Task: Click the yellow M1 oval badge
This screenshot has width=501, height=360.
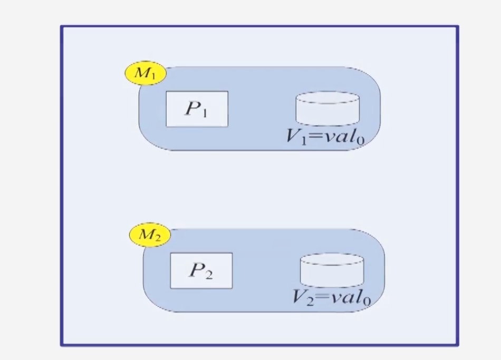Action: [145, 74]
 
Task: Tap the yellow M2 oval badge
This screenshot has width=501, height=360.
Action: [150, 235]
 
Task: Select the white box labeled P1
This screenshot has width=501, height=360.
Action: [197, 109]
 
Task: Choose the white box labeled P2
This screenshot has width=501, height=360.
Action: [201, 271]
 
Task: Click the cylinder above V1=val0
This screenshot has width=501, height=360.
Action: [327, 110]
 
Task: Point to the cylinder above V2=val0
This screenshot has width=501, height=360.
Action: [332, 271]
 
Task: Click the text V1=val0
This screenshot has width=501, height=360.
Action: [325, 137]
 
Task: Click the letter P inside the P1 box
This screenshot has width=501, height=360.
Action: [191, 108]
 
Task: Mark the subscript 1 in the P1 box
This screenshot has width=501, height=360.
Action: [205, 112]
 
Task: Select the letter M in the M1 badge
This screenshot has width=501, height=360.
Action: [142, 73]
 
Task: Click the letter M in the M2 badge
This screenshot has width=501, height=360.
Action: [147, 235]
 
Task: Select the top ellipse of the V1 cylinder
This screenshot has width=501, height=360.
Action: [327, 99]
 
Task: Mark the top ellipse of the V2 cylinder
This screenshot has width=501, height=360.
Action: [332, 260]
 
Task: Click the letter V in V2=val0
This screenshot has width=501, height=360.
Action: [300, 297]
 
